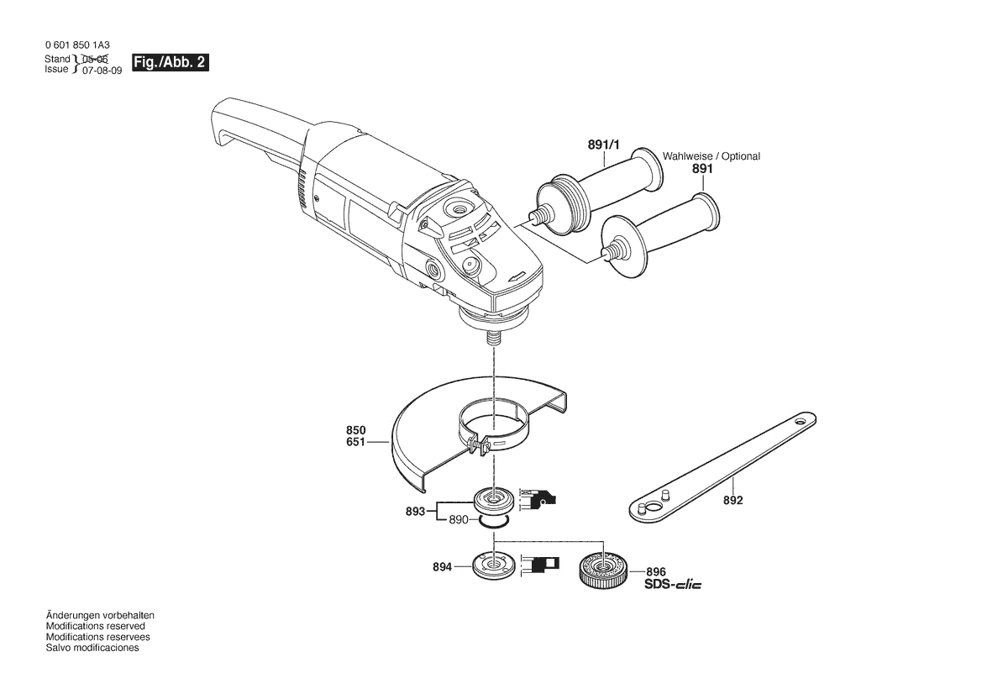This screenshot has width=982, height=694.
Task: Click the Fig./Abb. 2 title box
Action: tap(171, 63)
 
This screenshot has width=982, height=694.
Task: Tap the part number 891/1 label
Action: tap(604, 145)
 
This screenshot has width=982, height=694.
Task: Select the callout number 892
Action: tap(733, 501)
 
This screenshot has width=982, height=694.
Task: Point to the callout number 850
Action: tap(355, 431)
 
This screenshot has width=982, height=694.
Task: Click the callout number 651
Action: tap(355, 442)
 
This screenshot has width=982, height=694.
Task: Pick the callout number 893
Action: tap(415, 512)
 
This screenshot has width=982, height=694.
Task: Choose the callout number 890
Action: tap(459, 520)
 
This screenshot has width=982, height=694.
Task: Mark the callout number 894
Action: tap(442, 567)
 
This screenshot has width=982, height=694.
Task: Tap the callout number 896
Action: tap(656, 572)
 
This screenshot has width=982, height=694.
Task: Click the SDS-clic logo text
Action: tap(673, 585)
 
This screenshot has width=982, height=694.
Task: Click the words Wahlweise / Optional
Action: tap(712, 156)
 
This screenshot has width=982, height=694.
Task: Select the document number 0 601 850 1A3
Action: tap(77, 45)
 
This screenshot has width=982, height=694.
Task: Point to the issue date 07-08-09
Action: tap(102, 71)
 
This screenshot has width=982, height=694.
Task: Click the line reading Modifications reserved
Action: tap(95, 626)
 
